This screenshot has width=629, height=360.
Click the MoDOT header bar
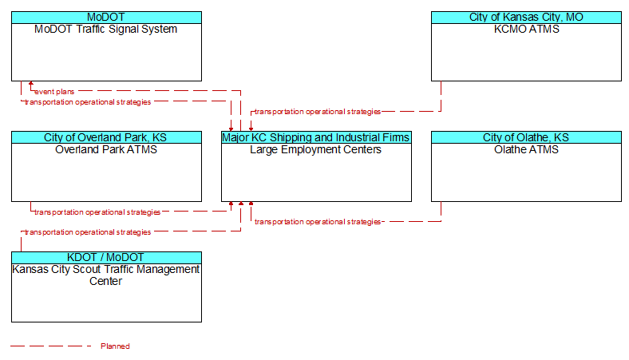tap(106, 18)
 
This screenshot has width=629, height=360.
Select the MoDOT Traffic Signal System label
tap(106, 29)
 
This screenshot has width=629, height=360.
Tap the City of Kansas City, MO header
tap(526, 18)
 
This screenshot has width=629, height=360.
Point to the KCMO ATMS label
tap(526, 29)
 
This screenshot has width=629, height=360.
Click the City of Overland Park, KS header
tap(106, 137)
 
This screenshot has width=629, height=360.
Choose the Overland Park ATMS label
tap(106, 149)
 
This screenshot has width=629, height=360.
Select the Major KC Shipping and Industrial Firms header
tap(316, 137)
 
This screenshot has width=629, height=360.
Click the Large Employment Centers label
tap(316, 150)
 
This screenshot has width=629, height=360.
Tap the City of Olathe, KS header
tap(526, 137)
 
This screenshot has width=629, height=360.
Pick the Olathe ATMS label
tap(526, 149)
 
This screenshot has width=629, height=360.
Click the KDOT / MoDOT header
tap(106, 257)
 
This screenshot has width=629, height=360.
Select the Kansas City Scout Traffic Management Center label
tap(106, 275)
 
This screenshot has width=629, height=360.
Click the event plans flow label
tap(54, 92)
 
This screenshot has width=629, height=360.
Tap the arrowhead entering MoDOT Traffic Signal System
tap(31, 84)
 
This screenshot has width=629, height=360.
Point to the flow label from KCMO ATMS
tap(318, 112)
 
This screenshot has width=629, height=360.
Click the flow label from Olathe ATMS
tap(318, 222)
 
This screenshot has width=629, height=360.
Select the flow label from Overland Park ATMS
tap(97, 212)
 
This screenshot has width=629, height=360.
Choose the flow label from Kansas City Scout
tap(88, 232)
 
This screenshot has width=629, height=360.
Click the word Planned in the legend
tap(115, 346)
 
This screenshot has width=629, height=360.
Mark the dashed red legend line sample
tap(51, 346)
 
